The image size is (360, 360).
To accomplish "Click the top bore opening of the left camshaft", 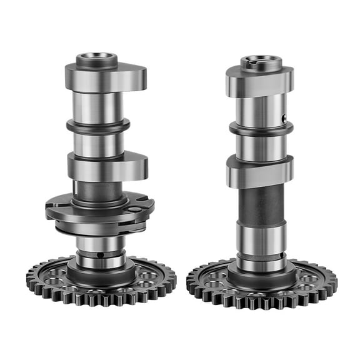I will pos(97,59).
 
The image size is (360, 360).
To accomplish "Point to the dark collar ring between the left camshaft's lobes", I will pos(98,125).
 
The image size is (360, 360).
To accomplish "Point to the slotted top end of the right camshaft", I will pos(261,61).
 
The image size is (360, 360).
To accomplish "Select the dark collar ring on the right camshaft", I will pos(261,128).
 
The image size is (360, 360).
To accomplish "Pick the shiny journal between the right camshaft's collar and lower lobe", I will pos(261,146).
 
